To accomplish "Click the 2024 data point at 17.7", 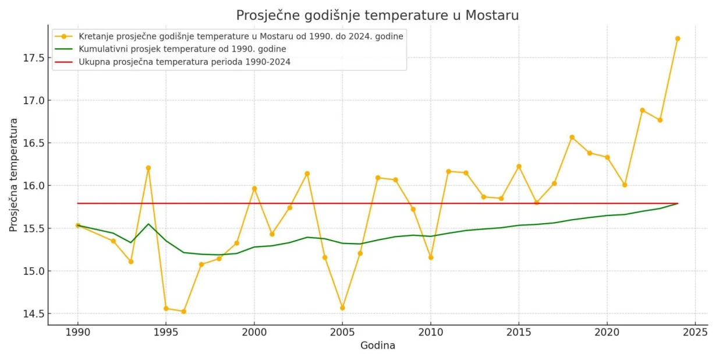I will (x=677, y=38).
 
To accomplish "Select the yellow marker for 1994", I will (x=148, y=168).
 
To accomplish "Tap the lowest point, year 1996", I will (x=183, y=311).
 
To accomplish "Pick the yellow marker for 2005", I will (x=342, y=308).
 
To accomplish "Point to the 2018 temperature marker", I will (x=572, y=137).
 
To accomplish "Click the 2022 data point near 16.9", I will (x=642, y=110).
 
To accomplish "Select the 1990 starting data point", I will (x=78, y=225).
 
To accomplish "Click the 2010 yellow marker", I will (x=431, y=257).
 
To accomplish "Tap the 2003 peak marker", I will (x=307, y=174).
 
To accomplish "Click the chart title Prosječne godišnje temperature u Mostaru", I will (x=377, y=15).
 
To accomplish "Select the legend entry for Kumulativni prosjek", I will (x=182, y=49).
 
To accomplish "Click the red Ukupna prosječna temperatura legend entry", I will (x=185, y=62).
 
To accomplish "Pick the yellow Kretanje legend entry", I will (x=241, y=36).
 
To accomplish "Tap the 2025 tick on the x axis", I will (x=695, y=333).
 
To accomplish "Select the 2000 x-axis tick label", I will (x=254, y=333).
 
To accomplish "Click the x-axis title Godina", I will (x=377, y=345).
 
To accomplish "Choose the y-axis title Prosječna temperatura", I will (x=13, y=175).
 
